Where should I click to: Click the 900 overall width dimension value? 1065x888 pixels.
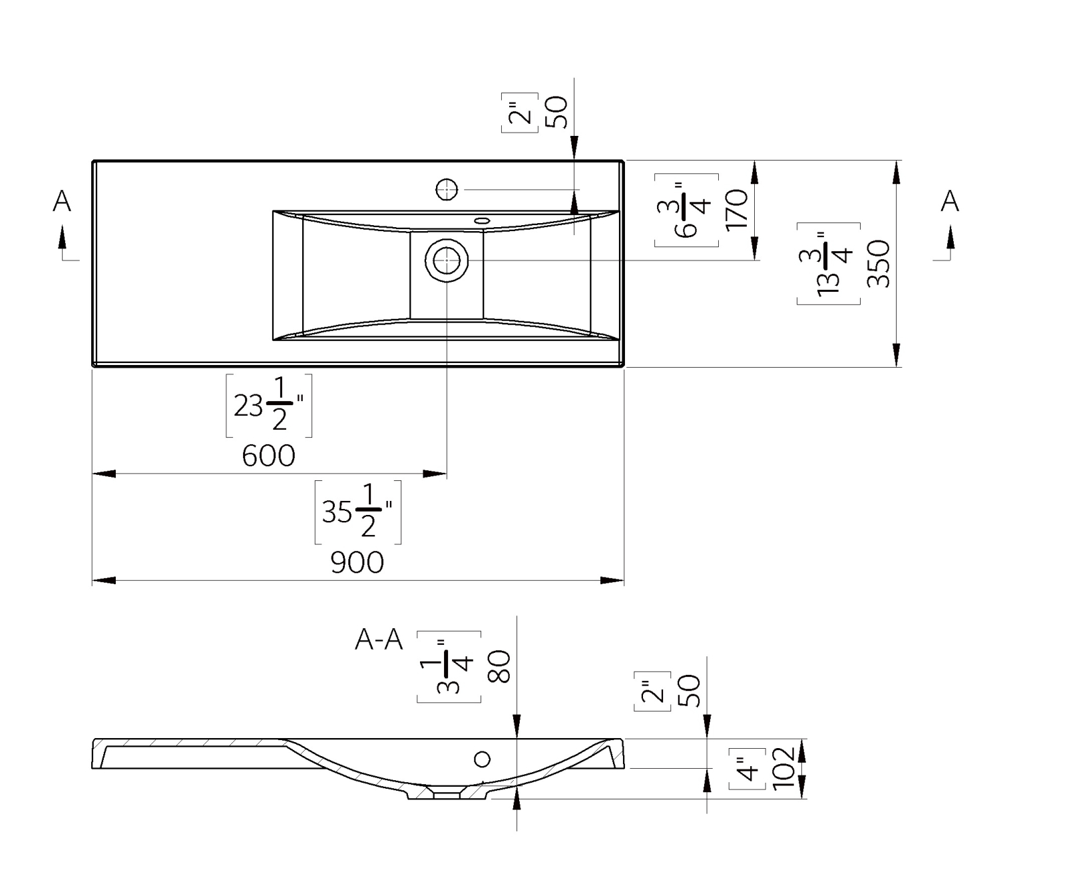point(357,563)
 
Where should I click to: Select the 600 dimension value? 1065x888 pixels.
point(268,456)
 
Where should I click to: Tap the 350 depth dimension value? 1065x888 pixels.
point(879,264)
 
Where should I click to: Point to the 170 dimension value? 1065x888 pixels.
point(738,210)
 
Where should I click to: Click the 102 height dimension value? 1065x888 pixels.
point(783,768)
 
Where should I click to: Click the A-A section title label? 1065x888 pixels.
point(379,640)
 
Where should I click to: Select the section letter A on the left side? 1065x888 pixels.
point(62,201)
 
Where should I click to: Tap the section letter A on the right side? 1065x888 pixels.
point(950,201)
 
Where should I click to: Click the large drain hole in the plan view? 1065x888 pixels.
point(447,260)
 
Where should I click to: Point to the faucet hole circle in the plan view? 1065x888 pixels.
point(447,190)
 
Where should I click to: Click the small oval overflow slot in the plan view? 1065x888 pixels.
point(482,220)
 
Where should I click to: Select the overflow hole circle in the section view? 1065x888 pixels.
point(482,759)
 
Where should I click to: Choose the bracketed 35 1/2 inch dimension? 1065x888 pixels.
point(357,512)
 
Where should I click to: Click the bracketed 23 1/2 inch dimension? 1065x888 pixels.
point(269,406)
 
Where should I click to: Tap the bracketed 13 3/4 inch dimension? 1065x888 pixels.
point(829,264)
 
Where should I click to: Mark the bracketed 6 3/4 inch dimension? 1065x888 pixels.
point(686,210)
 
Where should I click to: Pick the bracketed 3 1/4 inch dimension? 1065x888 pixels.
point(449,667)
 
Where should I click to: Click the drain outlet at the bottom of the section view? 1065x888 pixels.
point(446,794)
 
